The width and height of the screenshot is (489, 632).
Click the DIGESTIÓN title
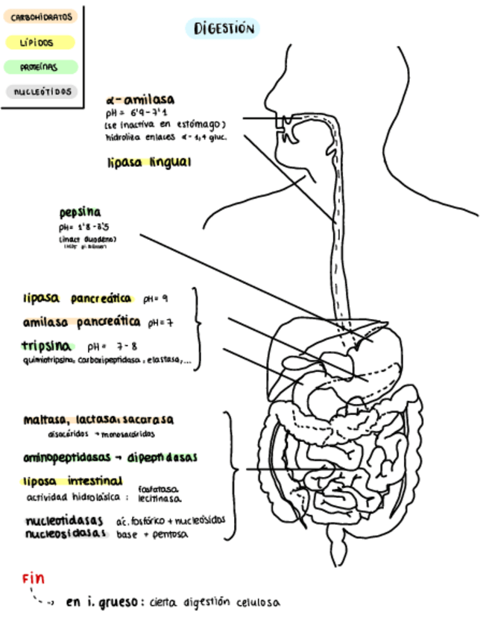pyautogui.click(x=224, y=29)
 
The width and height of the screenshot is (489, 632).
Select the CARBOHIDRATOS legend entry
pyautogui.click(x=42, y=16)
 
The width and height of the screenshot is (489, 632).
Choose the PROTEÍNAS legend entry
pyautogui.click(x=40, y=67)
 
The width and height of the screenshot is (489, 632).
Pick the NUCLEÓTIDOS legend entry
pyautogui.click(x=42, y=92)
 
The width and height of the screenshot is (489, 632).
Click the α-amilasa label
pyautogui.click(x=141, y=100)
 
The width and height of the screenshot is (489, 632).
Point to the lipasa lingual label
pyautogui.click(x=149, y=162)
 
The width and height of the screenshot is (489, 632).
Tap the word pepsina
pyautogui.click(x=80, y=212)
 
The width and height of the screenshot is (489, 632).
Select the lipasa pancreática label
pyautogui.click(x=78, y=299)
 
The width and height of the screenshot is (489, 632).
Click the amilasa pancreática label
pyautogui.click(x=81, y=322)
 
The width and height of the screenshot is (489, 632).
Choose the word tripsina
pyautogui.click(x=47, y=346)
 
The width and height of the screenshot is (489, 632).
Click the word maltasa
pyautogui.click(x=45, y=420)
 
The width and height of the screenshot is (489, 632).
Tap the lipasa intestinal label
pyautogui.click(x=72, y=481)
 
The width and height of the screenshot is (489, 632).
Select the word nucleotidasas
pyautogui.click(x=66, y=520)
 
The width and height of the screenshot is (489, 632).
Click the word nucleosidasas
pyautogui.click(x=66, y=534)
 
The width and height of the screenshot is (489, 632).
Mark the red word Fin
pyautogui.click(x=34, y=578)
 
